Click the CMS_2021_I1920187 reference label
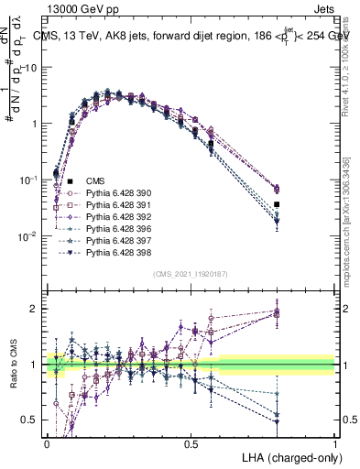tap(190, 275)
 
